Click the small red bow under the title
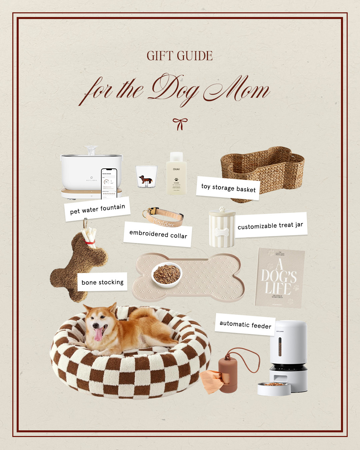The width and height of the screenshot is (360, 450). [x=180, y=124]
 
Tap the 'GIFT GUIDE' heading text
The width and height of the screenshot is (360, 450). [x=180, y=56]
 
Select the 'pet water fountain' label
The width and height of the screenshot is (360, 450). [x=97, y=209]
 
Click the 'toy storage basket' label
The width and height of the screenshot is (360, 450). [x=228, y=188]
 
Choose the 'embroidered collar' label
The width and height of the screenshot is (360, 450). [x=158, y=234]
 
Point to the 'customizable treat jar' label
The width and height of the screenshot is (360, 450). [x=270, y=225]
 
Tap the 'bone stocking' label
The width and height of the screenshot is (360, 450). [x=102, y=282]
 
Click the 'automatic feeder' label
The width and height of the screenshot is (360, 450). [x=245, y=324]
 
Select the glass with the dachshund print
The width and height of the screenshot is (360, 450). [x=146, y=177]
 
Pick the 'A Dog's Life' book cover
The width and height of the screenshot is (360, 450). [x=279, y=277]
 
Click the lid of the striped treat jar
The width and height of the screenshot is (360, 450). [x=222, y=211]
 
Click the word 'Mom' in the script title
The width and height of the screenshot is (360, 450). [x=237, y=89]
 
